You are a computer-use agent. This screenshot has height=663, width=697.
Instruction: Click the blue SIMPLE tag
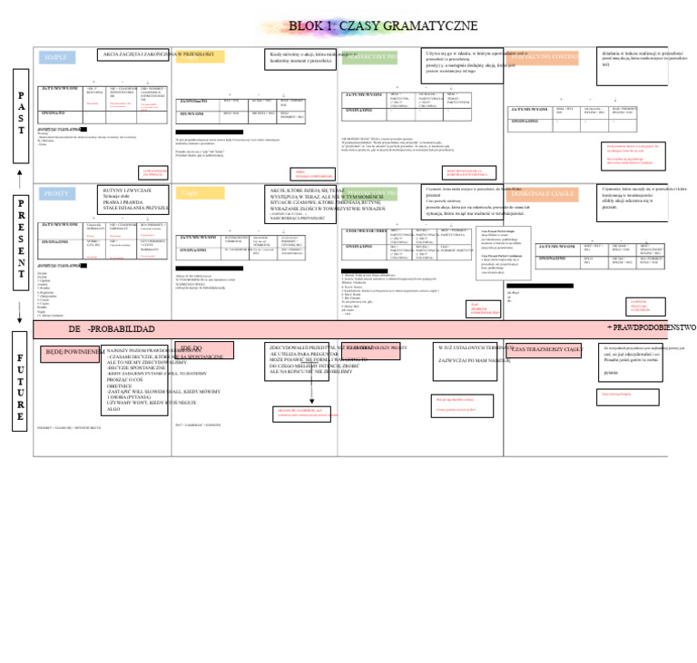56,58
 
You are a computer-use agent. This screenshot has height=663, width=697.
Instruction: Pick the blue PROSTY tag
56,193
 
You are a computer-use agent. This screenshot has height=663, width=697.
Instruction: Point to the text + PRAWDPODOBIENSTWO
651,327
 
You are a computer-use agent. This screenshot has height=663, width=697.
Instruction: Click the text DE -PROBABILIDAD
112,329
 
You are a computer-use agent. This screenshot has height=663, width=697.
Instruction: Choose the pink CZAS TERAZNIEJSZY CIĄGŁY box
545,349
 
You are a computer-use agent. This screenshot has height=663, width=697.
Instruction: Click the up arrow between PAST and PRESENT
20,172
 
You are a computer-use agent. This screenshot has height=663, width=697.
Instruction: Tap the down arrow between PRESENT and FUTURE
20,313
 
